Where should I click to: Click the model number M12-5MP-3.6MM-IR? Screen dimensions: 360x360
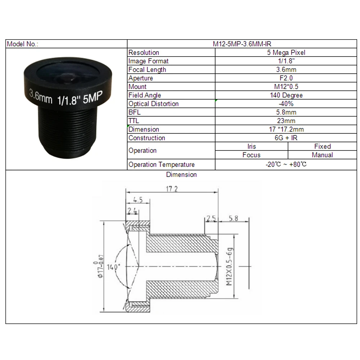[x=242, y=44]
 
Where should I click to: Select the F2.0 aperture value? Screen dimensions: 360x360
[x=286, y=78]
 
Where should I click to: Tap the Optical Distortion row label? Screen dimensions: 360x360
[x=153, y=104]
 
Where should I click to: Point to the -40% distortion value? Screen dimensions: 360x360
[x=286, y=104]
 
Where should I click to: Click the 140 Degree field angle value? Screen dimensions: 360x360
[x=286, y=95]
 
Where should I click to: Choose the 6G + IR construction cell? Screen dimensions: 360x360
[x=286, y=138]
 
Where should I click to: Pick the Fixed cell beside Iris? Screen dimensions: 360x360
[x=322, y=146]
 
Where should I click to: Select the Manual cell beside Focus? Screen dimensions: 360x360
[x=322, y=155]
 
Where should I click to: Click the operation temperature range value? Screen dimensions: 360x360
[x=286, y=165]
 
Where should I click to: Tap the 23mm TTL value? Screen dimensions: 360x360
[x=286, y=121]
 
